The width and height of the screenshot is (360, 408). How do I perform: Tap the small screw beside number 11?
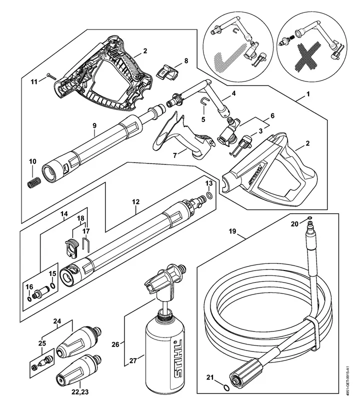[51, 76]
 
